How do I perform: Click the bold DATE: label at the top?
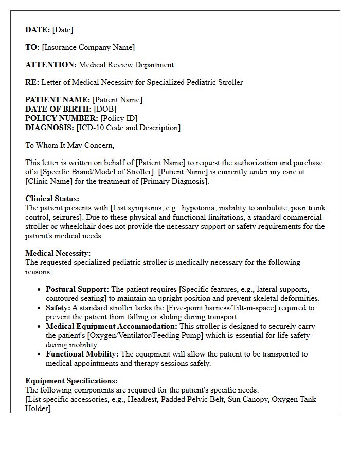tap(38, 30)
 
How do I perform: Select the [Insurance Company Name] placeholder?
tap(88, 47)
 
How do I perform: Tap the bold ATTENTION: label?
tap(51, 65)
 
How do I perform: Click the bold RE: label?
tap(32, 82)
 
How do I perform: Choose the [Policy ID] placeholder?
tap(119, 118)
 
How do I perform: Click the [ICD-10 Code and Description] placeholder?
tap(128, 128)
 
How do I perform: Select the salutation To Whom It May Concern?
tap(69, 145)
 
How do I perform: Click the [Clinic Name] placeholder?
tap(49, 181)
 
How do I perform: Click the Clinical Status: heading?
tap(52, 199)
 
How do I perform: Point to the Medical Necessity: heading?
tap(58, 253)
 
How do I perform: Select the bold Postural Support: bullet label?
tap(77, 289)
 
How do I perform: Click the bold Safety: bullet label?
tap(58, 308)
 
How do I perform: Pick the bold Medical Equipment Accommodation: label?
tap(112, 326)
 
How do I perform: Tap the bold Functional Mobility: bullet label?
tap(82, 354)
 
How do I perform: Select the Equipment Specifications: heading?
tap(71, 381)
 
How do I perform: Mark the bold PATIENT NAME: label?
tap(58, 100)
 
